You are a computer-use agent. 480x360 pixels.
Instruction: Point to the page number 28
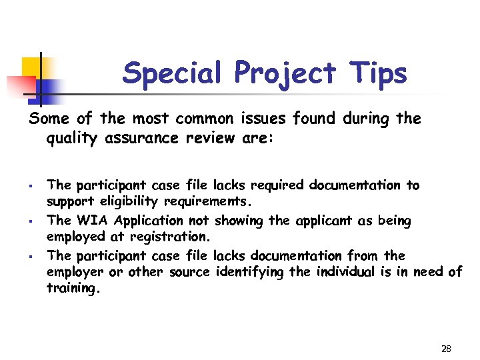[446, 349]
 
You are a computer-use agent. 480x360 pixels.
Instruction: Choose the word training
[72, 289]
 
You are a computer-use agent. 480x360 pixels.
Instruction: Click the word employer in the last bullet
[75, 273]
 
